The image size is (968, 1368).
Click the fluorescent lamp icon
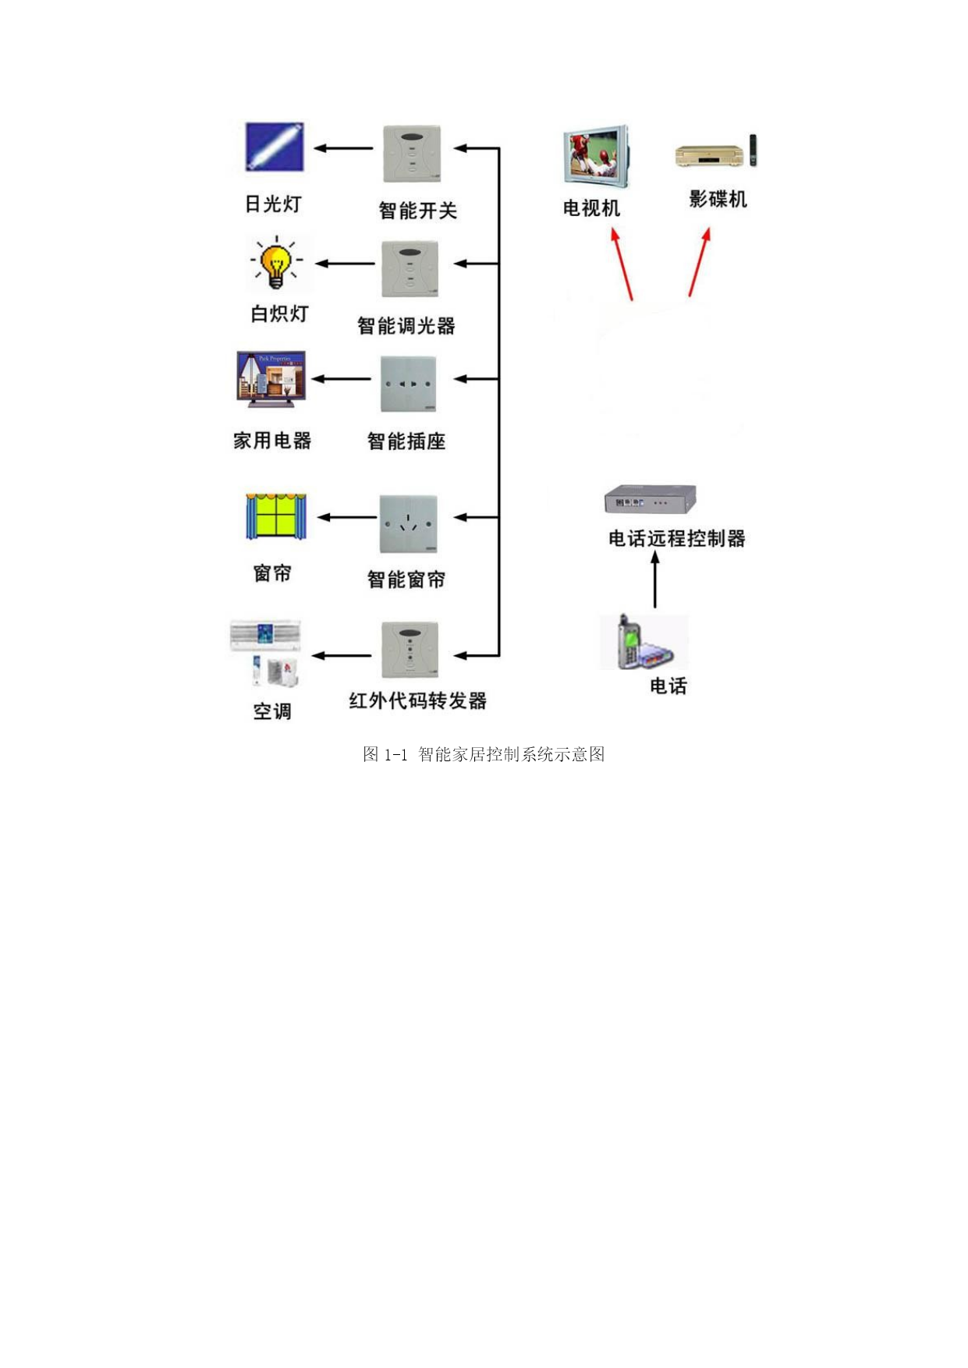pos(274,147)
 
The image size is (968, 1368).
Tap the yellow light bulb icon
pos(276,264)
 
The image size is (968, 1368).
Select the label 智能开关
pos(417,210)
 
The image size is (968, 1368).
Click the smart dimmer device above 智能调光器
pos(410,269)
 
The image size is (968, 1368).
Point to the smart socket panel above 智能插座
pos(408,384)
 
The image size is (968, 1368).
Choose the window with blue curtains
pos(276,516)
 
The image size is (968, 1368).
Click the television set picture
pos(596,156)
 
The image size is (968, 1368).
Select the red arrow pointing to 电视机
pos(622,264)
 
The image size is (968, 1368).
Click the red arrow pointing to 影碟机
pos(700,262)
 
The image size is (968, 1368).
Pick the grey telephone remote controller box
pos(650,499)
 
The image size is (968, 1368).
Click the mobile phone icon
pos(644,642)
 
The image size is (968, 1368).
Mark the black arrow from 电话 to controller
pos(655,579)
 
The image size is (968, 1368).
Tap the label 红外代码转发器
pos(417,700)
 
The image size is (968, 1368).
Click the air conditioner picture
pos(266,654)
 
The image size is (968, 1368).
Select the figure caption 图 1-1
pos(385,754)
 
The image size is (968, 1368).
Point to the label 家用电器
pos(272,441)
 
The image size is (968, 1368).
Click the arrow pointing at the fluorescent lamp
pos(343,148)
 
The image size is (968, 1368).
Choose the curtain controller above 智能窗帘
pos(408,524)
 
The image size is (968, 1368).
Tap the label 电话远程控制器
pos(677,538)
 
